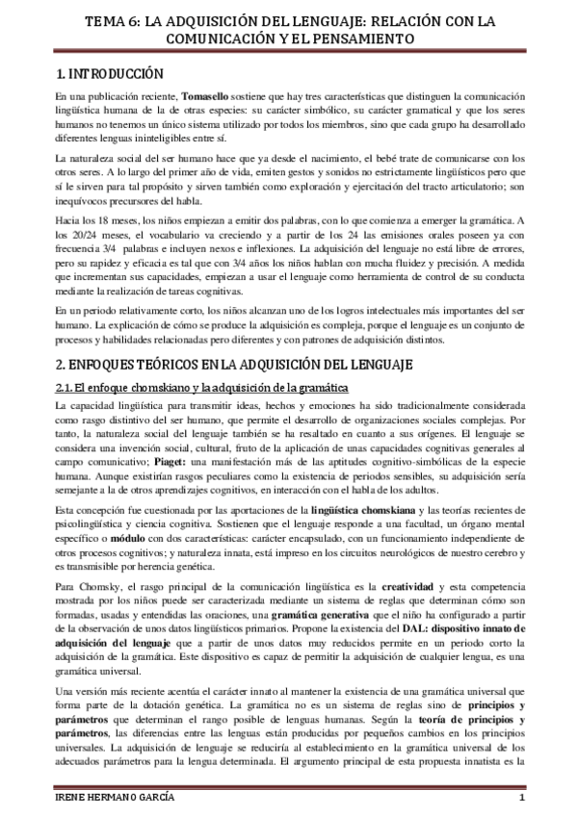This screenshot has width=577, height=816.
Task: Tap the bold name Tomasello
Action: [207, 98]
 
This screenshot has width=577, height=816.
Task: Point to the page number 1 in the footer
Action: [520, 799]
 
